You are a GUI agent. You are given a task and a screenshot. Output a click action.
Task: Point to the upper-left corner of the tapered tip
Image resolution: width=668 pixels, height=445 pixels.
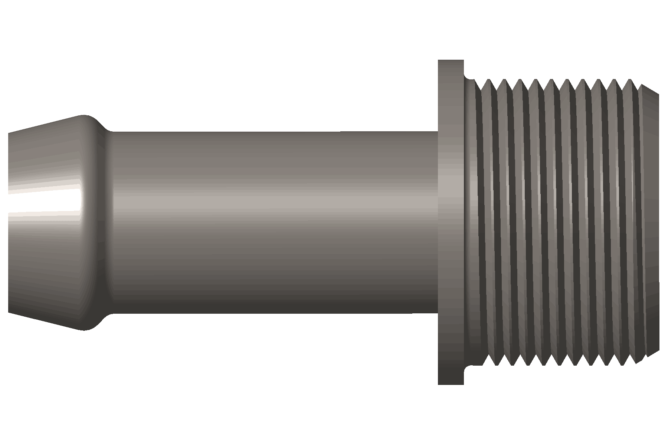click(x=9, y=133)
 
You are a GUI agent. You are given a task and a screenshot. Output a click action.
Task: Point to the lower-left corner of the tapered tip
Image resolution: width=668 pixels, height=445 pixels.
click(x=9, y=312)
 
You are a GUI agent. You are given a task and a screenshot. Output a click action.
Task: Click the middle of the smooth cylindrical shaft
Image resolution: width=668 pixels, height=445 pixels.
click(x=275, y=222)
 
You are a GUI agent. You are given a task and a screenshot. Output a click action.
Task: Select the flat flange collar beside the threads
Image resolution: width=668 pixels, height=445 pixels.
click(x=451, y=222)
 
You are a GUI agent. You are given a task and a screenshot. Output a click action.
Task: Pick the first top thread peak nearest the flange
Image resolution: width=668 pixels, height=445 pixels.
click(x=489, y=80)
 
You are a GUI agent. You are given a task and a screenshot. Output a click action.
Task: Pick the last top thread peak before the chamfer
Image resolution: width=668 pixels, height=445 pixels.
click(x=631, y=80)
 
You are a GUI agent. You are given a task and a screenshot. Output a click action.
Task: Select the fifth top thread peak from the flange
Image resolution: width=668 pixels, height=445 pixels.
click(x=551, y=80)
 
